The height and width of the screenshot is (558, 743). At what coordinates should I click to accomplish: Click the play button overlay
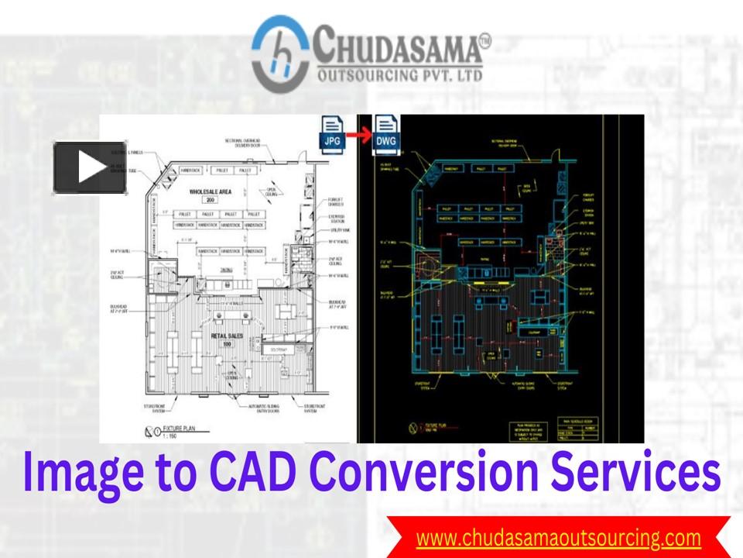click(90, 167)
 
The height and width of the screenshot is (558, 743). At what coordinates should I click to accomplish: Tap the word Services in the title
click(642, 473)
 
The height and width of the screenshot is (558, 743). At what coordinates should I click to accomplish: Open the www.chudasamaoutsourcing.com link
click(558, 537)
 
